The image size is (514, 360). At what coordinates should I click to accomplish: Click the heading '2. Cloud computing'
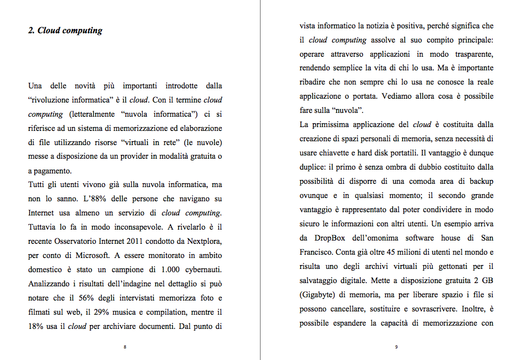(x=65, y=31)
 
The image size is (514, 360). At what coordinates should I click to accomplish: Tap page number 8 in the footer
(x=125, y=347)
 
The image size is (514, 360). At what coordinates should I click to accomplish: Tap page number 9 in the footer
(x=396, y=347)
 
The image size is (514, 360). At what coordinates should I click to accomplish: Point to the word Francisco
(x=317, y=252)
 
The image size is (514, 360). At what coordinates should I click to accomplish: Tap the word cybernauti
(x=202, y=270)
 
